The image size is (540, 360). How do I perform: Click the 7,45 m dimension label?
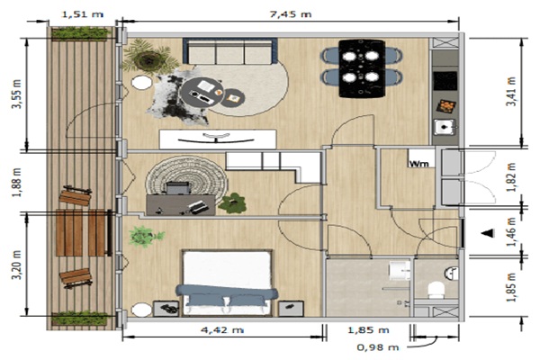point(291,14)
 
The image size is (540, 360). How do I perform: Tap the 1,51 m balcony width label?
point(82,14)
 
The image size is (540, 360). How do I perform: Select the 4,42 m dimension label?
point(222,329)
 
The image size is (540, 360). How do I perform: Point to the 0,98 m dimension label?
point(378,346)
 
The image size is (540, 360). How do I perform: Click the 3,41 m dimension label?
point(511,92)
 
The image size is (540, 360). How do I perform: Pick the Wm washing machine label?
point(418,164)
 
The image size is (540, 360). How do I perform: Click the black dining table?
point(362,68)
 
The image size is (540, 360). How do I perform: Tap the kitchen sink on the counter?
point(445,127)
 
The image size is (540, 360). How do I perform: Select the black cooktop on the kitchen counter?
point(445,81)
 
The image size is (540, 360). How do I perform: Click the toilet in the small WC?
point(436,290)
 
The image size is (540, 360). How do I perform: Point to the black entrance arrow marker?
point(488,233)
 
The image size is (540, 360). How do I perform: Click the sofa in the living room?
point(230,51)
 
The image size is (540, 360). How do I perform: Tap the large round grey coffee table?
point(202,94)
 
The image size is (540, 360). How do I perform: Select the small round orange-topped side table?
point(233,98)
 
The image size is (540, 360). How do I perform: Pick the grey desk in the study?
point(181,205)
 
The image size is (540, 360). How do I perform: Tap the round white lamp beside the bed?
point(141,310)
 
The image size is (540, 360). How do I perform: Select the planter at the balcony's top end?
point(80,34)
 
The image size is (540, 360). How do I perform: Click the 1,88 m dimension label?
point(16,183)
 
